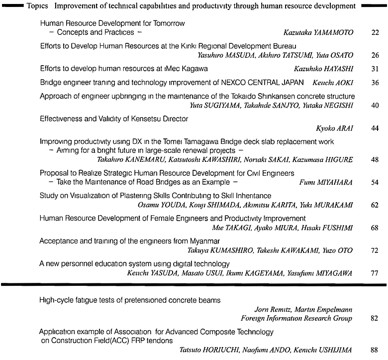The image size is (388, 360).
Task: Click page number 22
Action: pyautogui.click(x=375, y=32)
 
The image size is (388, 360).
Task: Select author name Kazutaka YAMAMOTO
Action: pyautogui.click(x=318, y=32)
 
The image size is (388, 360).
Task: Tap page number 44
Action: pyautogui.click(x=375, y=128)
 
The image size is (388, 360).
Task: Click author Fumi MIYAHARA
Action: pyautogui.click(x=326, y=183)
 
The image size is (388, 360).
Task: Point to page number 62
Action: pyautogui.click(x=375, y=205)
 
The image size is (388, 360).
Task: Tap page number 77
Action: pyautogui.click(x=375, y=273)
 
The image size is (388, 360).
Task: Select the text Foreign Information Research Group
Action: pyautogui.click(x=296, y=319)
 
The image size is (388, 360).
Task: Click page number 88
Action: pyautogui.click(x=375, y=350)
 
